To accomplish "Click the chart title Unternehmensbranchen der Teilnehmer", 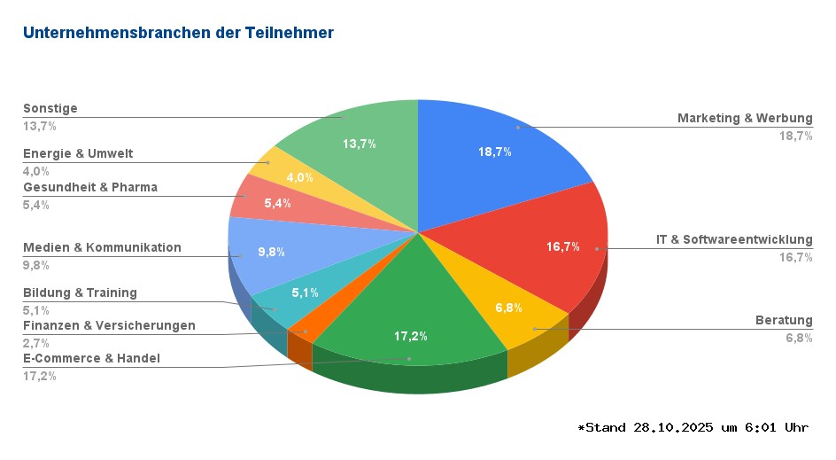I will tap(178, 33).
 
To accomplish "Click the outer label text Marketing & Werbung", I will tap(745, 118).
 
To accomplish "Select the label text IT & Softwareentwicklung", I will tap(734, 239).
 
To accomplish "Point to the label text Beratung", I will tap(784, 320).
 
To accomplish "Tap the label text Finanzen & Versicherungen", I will tap(109, 325).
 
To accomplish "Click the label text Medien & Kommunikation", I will tap(102, 247).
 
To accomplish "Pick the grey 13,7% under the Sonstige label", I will tap(40, 126).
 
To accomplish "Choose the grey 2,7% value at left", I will tap(36, 342).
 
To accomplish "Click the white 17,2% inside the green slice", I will tap(410, 336).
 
